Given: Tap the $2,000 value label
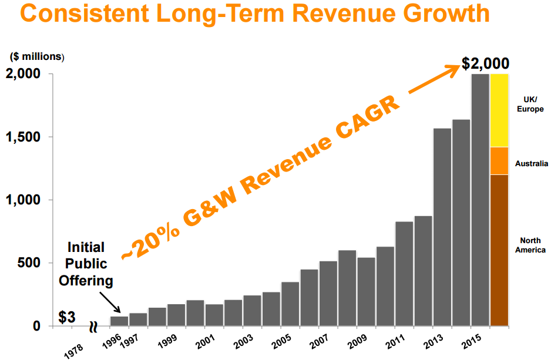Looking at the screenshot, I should [485, 63].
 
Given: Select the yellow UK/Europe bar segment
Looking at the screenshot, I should [499, 110].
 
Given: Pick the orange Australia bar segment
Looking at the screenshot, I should [499, 161].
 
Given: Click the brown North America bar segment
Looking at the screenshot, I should [499, 250].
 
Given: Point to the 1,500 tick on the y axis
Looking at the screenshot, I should [25, 137].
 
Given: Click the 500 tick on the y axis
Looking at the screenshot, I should [32, 263].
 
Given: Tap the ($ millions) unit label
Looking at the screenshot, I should [36, 57].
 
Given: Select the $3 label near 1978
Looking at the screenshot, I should [66, 317].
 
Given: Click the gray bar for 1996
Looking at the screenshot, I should [119, 321].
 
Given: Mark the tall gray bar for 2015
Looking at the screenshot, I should [480, 200].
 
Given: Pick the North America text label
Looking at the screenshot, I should [530, 245].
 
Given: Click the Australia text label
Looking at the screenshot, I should [530, 163].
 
